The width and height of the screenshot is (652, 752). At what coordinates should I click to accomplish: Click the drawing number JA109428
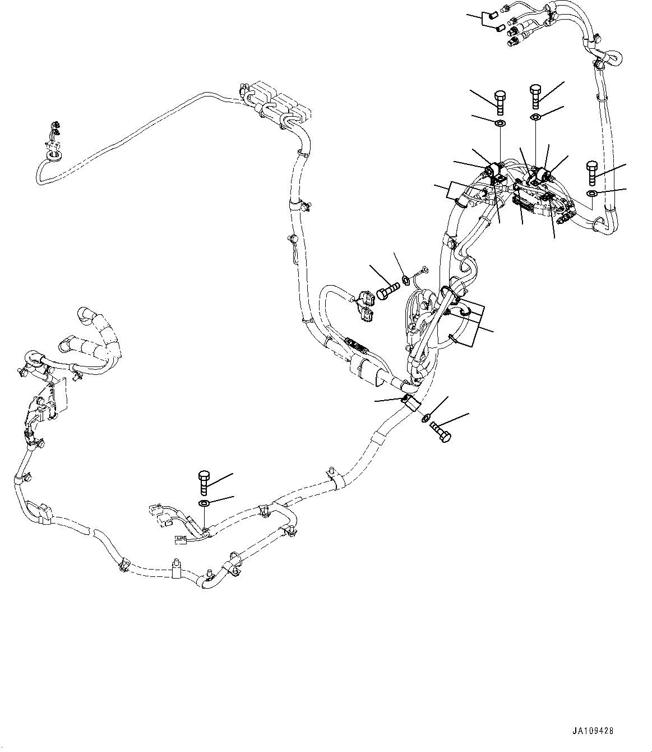(593, 732)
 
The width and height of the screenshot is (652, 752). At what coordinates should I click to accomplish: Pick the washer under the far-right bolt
(593, 194)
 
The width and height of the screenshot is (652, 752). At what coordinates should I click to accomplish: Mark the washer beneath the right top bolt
(535, 117)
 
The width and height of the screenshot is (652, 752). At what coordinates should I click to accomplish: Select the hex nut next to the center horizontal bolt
(405, 278)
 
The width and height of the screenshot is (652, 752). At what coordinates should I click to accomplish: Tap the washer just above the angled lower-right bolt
(426, 417)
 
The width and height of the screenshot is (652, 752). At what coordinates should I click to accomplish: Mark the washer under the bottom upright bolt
(205, 502)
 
